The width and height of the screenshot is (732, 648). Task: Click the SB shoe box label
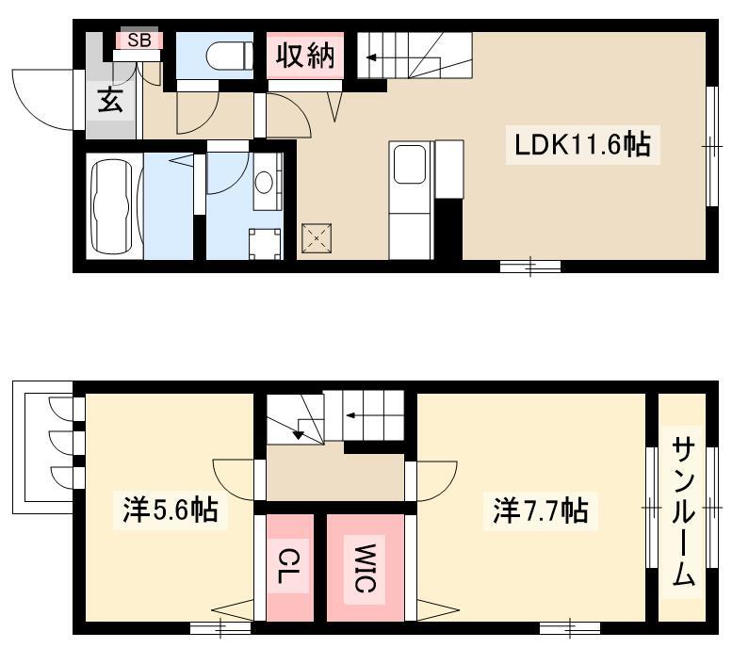point(139,40)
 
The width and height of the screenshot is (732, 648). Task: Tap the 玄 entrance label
point(110,101)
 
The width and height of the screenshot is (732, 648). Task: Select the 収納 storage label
point(305,56)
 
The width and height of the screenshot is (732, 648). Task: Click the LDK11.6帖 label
point(582,144)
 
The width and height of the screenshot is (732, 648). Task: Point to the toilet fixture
point(229,56)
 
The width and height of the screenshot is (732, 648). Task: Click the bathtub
point(111,206)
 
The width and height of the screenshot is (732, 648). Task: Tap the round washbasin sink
point(264,182)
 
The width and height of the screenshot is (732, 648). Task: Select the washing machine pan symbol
point(265,244)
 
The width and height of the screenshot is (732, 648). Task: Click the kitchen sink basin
point(410,164)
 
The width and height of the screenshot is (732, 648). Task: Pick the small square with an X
point(317,238)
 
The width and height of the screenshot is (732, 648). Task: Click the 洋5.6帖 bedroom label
point(171,510)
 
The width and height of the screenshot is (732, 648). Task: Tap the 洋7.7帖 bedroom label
point(541,510)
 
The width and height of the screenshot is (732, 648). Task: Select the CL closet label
point(288,565)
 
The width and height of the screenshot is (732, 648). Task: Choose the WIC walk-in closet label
point(366,568)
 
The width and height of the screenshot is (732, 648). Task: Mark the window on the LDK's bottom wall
point(530,267)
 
